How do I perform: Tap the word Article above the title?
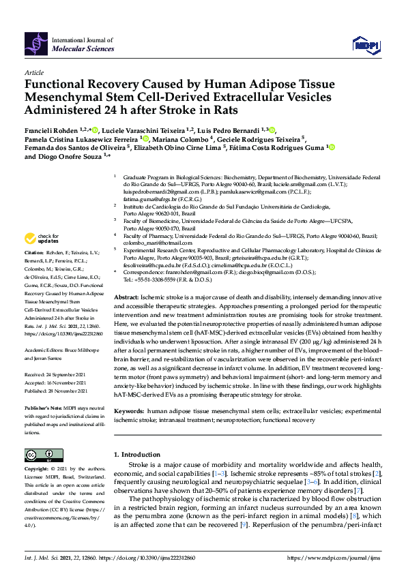(34, 72)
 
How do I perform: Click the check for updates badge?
(41, 239)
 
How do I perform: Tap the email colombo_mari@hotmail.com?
(154, 241)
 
